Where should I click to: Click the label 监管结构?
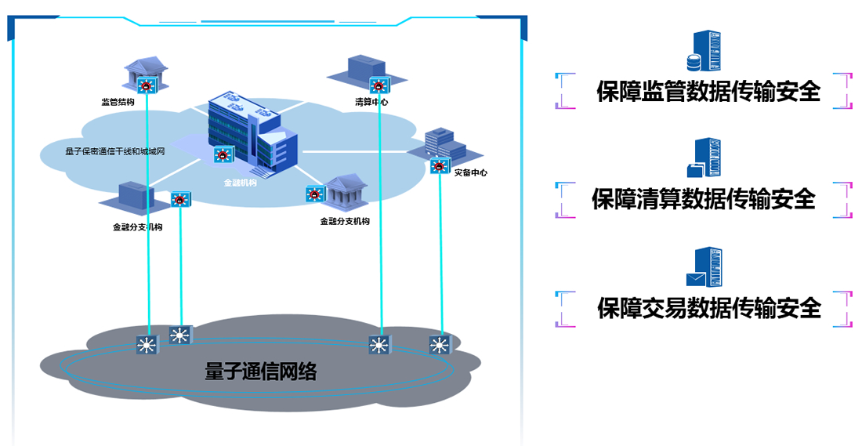pos(118,102)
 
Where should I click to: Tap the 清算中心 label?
pos(371,102)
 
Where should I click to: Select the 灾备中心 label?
pos(470,172)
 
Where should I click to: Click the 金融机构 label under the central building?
pos(240,183)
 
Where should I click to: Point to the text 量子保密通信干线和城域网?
pos(114,151)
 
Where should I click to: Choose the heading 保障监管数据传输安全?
pos(708,92)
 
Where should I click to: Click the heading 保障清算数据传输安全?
pos(704,199)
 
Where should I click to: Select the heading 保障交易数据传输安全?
pos(708,308)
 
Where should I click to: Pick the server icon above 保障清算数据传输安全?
pos(703,158)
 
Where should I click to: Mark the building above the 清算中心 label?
pos(367,69)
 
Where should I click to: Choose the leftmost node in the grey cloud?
pos(147,344)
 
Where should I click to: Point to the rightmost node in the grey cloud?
pos(439,344)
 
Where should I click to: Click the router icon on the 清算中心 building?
pos(379,85)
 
